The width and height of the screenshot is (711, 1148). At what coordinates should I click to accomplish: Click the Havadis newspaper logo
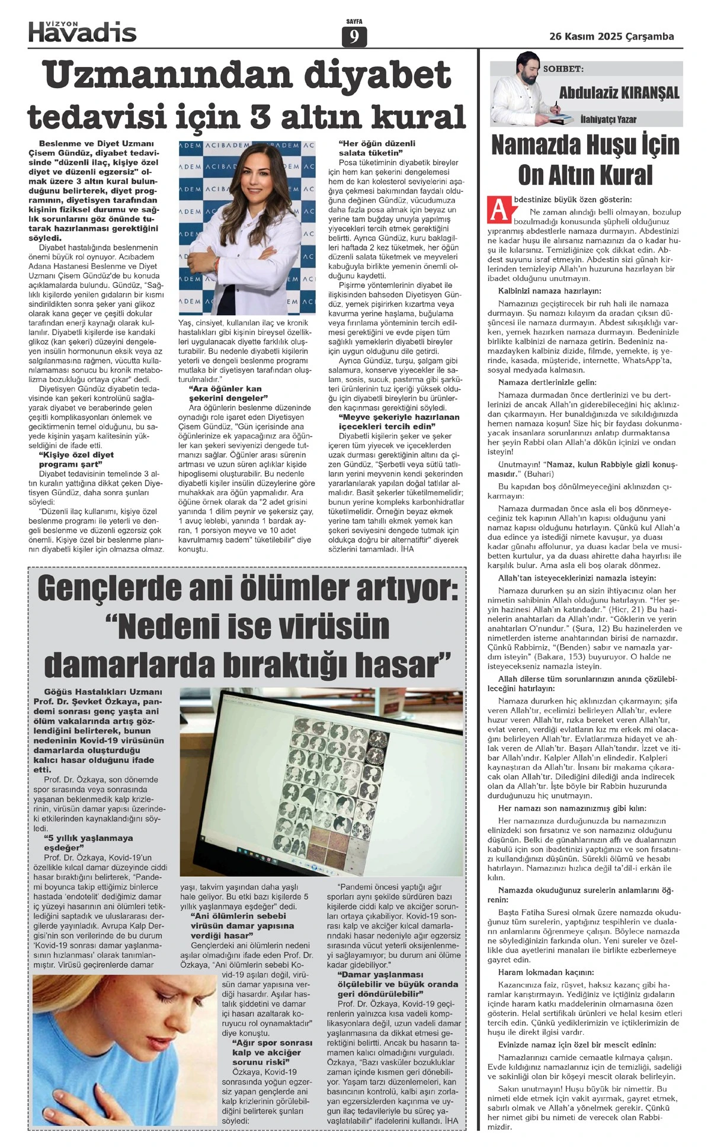point(82,31)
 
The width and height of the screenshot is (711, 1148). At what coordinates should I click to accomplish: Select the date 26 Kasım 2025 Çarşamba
point(611,37)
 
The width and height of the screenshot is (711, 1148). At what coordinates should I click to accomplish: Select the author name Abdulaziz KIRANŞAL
point(619,93)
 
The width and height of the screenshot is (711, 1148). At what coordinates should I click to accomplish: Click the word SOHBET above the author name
point(563,69)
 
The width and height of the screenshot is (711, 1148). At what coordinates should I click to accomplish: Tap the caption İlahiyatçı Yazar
point(608,119)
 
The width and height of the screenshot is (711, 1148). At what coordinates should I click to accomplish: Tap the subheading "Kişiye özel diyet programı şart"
point(76,459)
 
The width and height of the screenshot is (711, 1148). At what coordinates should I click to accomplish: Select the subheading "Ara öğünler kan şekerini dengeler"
point(225,393)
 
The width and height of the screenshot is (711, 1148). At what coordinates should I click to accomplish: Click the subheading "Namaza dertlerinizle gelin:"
point(547,383)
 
